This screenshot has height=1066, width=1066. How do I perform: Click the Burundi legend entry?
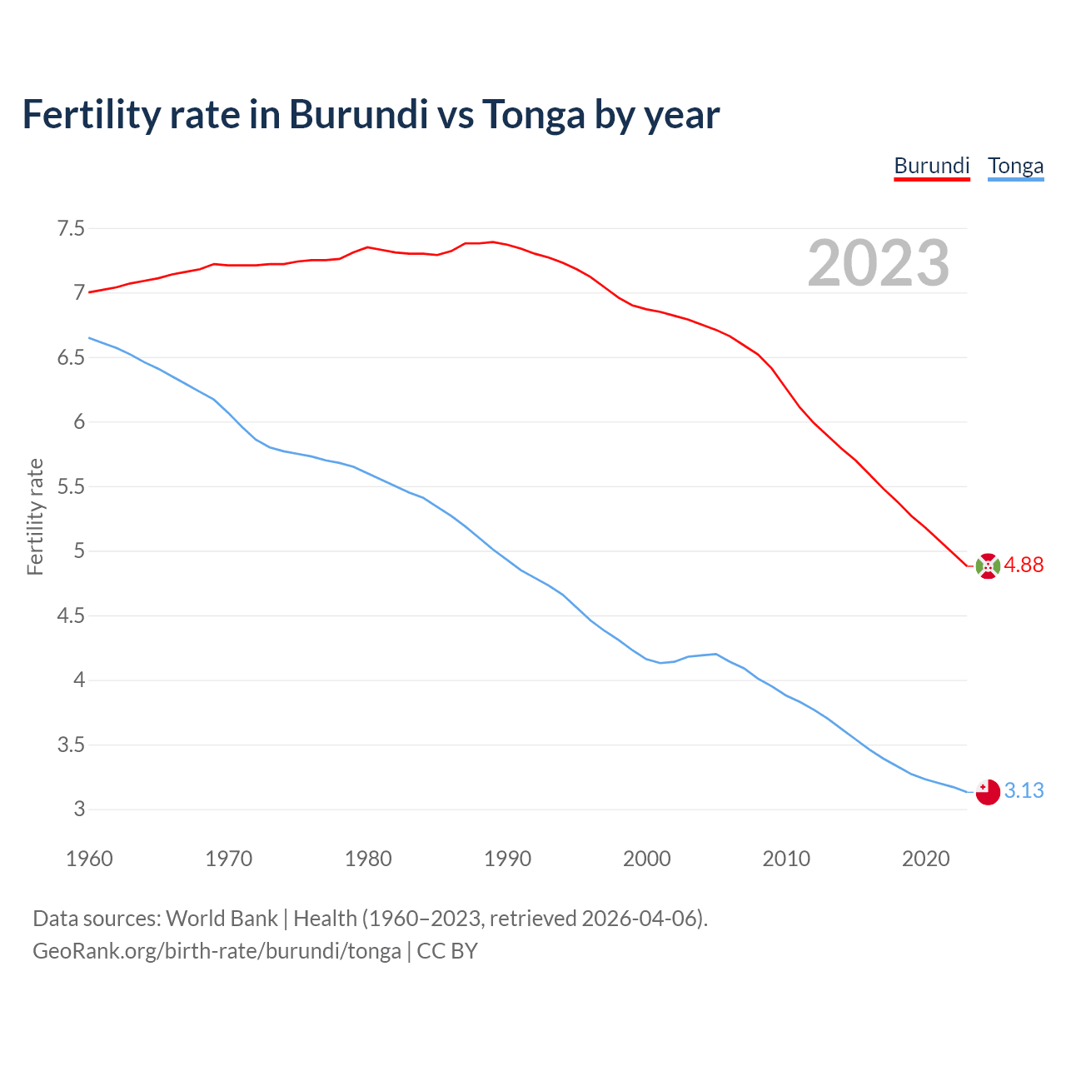pyautogui.click(x=932, y=166)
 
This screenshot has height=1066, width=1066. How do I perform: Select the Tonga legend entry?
pyautogui.click(x=1015, y=166)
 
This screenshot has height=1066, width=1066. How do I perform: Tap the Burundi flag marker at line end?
pyautogui.click(x=988, y=565)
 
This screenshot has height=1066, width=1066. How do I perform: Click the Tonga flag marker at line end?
pyautogui.click(x=988, y=792)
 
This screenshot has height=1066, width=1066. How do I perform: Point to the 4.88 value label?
pyautogui.click(x=1024, y=565)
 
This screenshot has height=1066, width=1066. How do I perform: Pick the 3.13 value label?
pyautogui.click(x=1024, y=790)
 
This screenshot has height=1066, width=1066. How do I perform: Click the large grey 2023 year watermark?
pyautogui.click(x=879, y=263)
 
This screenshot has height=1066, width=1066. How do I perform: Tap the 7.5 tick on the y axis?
pyautogui.click(x=71, y=228)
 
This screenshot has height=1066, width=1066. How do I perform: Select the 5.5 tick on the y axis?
pyautogui.click(x=71, y=486)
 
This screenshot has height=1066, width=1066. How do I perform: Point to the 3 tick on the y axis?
pyautogui.click(x=79, y=809)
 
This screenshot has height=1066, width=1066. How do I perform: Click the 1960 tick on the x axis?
pyautogui.click(x=89, y=859)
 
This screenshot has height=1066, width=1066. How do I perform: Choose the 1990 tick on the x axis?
pyautogui.click(x=507, y=859)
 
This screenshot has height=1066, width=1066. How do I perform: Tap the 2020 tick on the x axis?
pyautogui.click(x=925, y=859)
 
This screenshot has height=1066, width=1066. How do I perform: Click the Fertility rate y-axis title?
pyautogui.click(x=35, y=516)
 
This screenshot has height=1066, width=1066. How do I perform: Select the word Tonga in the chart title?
pyautogui.click(x=534, y=115)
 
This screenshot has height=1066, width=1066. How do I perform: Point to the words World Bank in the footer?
pyautogui.click(x=222, y=919)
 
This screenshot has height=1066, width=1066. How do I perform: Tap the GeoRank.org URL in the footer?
pyautogui.click(x=217, y=951)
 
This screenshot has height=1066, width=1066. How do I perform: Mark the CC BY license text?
pyautogui.click(x=447, y=951)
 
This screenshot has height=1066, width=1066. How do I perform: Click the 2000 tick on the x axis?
pyautogui.click(x=647, y=859)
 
